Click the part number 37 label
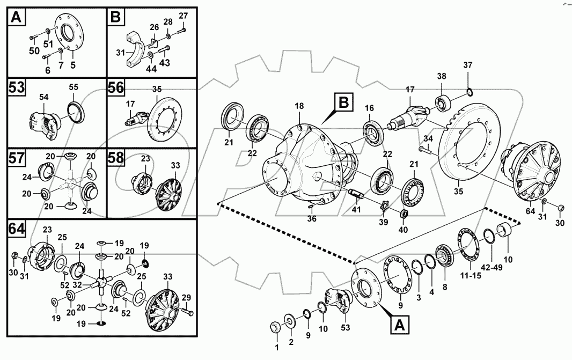468,65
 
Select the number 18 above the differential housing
299,108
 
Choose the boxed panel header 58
116,159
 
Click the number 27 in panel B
183,16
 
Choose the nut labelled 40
406,215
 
